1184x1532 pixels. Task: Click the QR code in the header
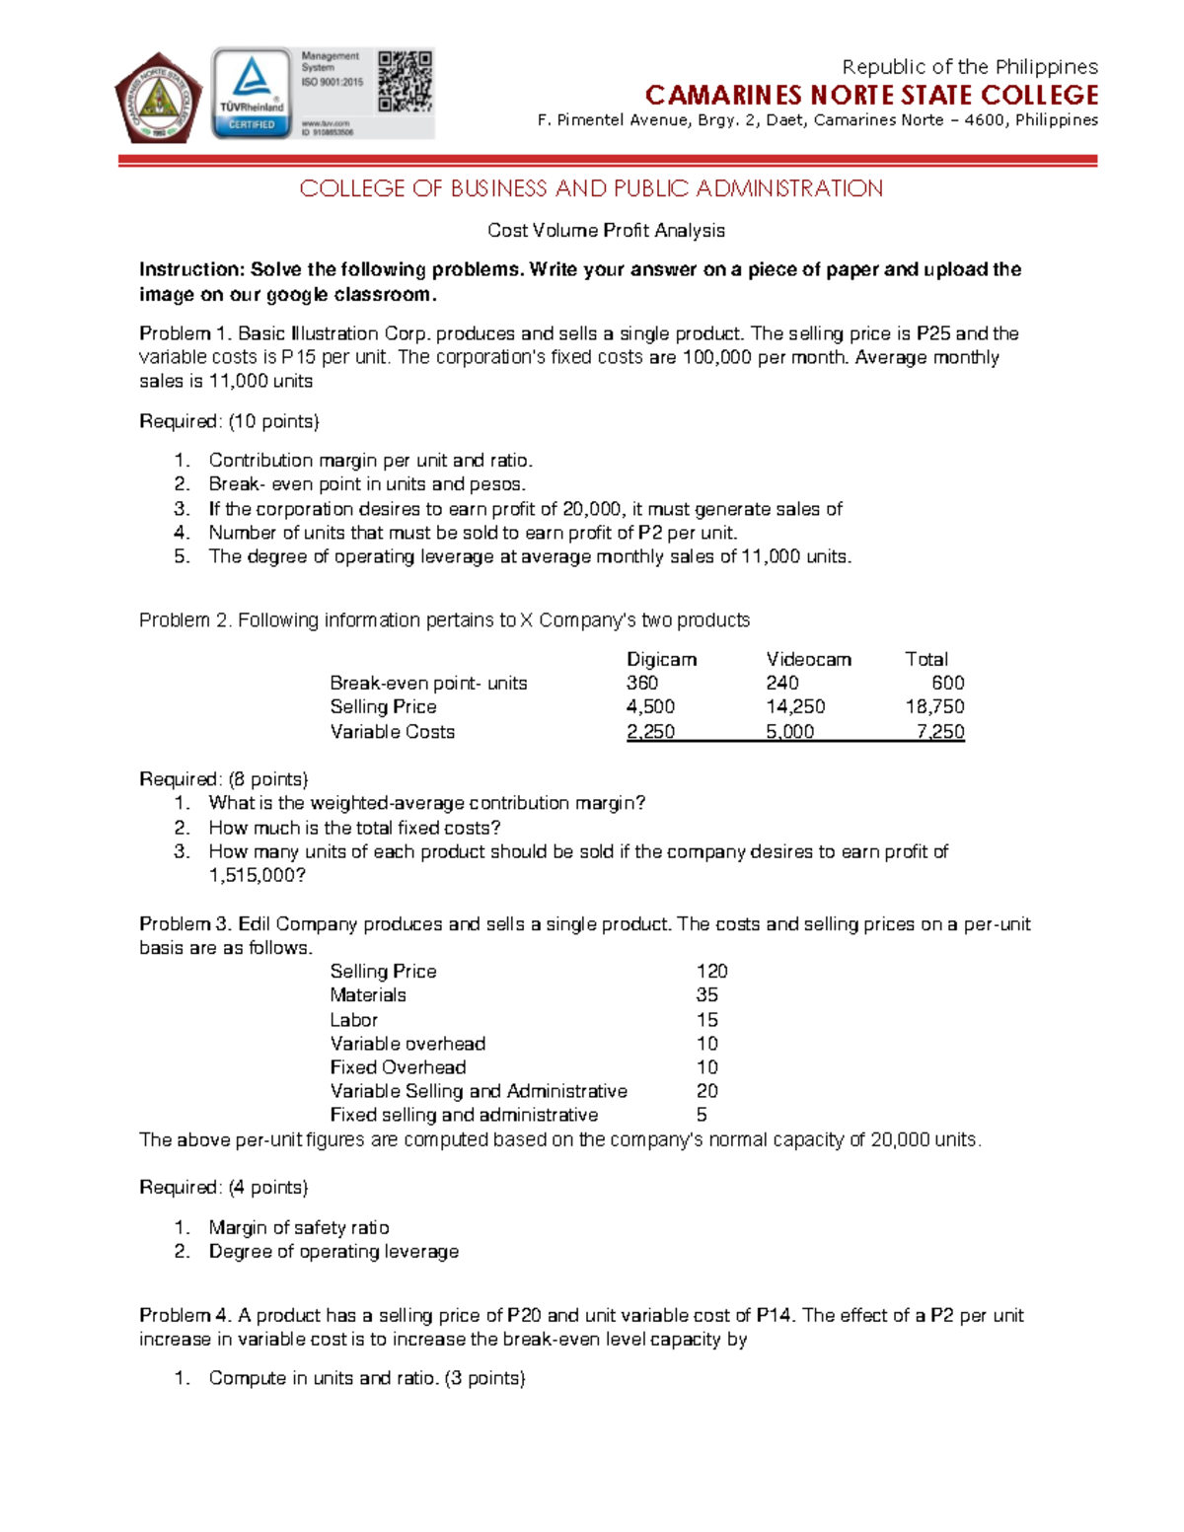pyautogui.click(x=405, y=80)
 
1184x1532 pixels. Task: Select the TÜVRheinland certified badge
pyautogui.click(x=252, y=94)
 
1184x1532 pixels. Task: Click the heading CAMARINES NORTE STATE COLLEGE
pyautogui.click(x=871, y=95)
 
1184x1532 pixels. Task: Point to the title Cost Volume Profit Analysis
pyautogui.click(x=606, y=231)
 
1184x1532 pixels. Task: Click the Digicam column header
pyautogui.click(x=661, y=659)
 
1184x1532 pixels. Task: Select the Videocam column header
pyautogui.click(x=808, y=659)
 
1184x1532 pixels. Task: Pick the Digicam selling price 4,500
pyautogui.click(x=650, y=706)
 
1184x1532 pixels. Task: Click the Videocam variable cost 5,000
pyautogui.click(x=789, y=731)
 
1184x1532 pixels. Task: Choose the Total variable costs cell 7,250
pyautogui.click(x=939, y=731)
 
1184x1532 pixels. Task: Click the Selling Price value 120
pyautogui.click(x=711, y=971)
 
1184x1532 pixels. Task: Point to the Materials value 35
pyautogui.click(x=706, y=994)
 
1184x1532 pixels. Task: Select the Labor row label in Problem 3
pyautogui.click(x=353, y=1019)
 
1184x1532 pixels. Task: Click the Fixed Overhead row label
pyautogui.click(x=398, y=1066)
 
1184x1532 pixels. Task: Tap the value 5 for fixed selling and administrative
pyautogui.click(x=702, y=1115)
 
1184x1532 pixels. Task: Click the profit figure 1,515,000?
pyautogui.click(x=257, y=875)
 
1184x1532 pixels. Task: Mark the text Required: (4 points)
pyautogui.click(x=224, y=1187)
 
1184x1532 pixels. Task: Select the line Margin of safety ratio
pyautogui.click(x=299, y=1227)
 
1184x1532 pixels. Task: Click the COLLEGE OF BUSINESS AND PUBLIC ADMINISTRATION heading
pyautogui.click(x=591, y=188)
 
